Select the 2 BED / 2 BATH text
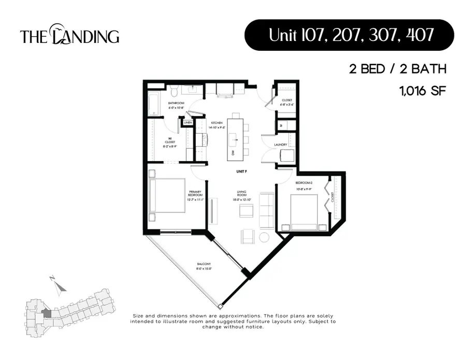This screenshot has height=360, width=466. point(398,69)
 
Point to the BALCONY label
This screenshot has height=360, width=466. point(204,266)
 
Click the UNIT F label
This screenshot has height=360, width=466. point(240,171)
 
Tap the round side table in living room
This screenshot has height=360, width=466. point(265,237)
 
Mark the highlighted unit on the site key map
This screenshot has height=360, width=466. point(47,313)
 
